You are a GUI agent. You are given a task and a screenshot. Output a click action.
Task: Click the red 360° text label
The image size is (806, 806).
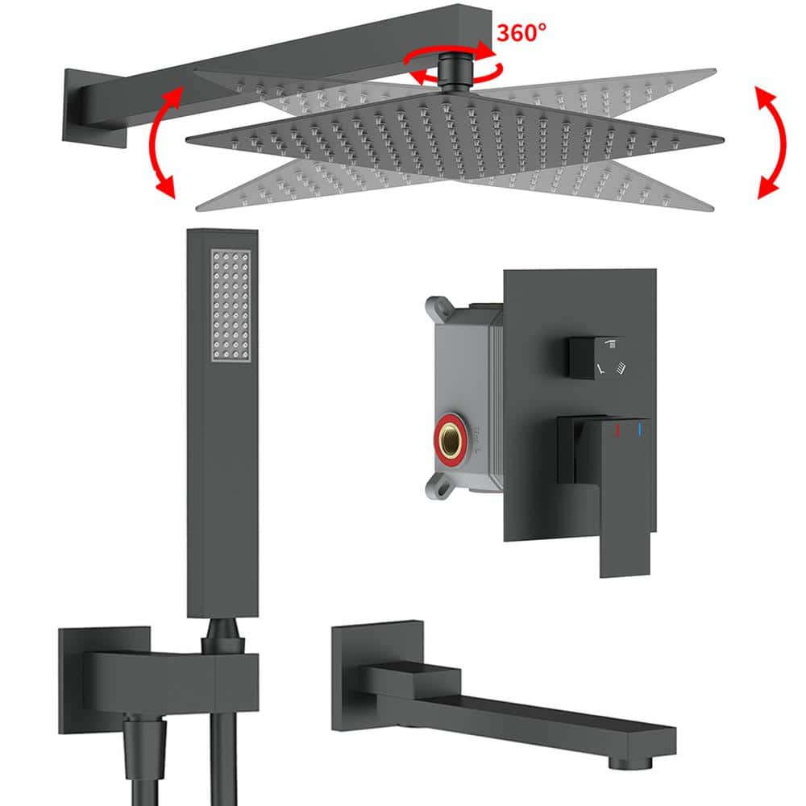(521, 32)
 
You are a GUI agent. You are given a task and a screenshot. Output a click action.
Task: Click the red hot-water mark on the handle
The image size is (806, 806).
(617, 430)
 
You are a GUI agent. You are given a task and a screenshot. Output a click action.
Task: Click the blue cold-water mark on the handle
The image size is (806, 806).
(640, 430)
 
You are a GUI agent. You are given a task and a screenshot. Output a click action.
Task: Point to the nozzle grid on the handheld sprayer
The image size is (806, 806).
(231, 305)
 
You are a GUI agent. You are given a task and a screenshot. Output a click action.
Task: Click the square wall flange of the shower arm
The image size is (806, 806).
(93, 109)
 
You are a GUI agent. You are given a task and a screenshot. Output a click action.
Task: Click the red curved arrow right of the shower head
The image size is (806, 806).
(771, 143)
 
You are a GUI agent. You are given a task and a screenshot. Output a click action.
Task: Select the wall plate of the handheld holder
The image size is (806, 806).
(104, 679)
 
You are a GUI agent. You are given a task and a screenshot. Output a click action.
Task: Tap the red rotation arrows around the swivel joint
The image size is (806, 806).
(453, 64)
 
